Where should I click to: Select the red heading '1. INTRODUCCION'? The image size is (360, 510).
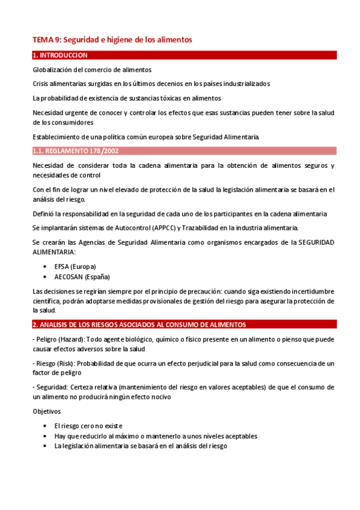click(60, 55)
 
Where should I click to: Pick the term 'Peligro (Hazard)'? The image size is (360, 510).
click(59, 340)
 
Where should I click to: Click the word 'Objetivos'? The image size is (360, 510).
click(46, 411)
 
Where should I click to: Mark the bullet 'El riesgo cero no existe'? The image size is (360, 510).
click(88, 426)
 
